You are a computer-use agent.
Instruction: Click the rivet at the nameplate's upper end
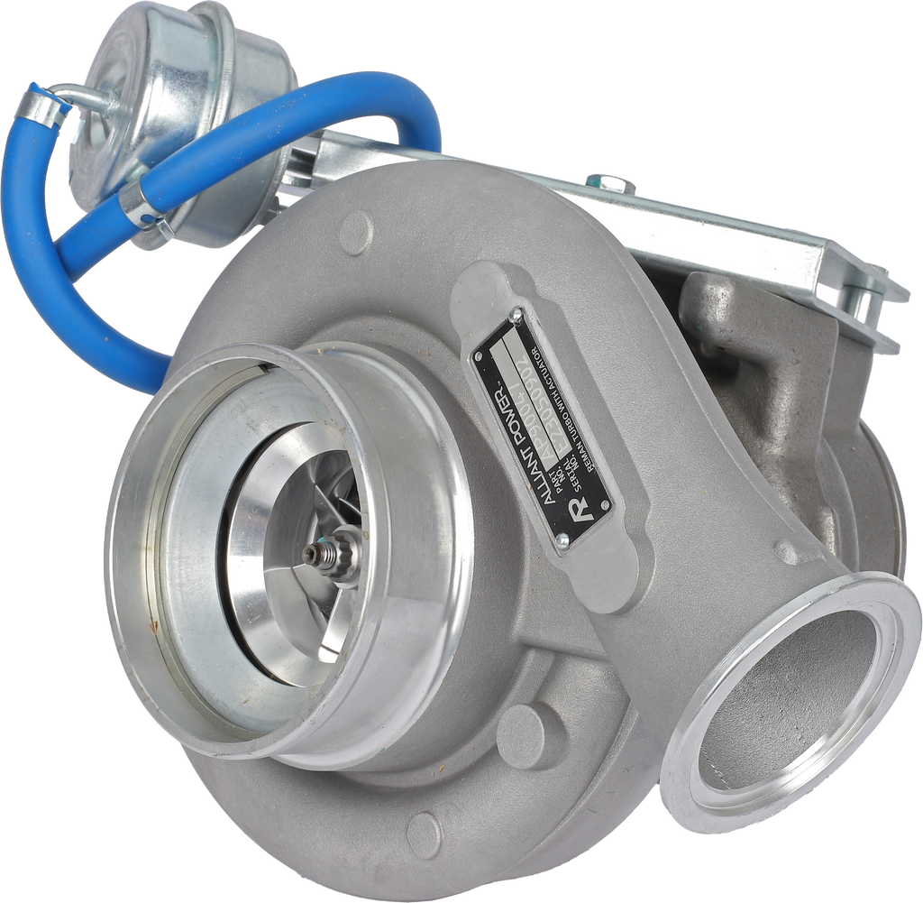(517, 317)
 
